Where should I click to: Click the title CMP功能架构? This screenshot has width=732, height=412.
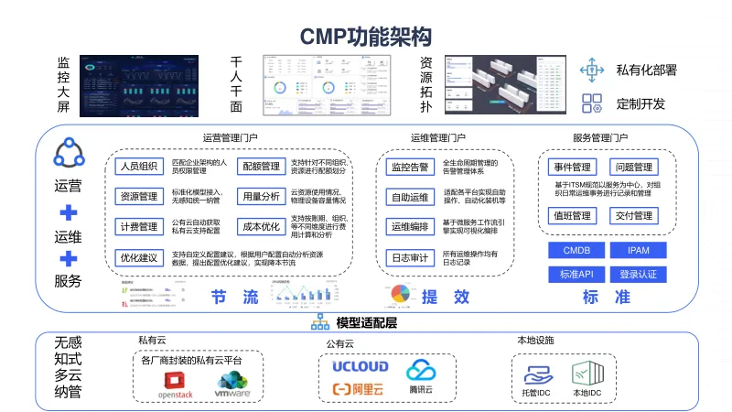(x=365, y=36)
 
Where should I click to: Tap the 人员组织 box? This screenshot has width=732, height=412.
(x=137, y=167)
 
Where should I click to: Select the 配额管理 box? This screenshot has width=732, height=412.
(x=259, y=167)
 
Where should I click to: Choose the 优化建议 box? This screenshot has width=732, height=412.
(x=137, y=257)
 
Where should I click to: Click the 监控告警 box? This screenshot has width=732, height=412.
(x=410, y=167)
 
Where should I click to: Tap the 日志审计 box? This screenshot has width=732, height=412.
(x=410, y=257)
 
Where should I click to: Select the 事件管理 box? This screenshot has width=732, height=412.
(x=573, y=168)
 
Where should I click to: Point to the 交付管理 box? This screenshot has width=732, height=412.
(x=633, y=216)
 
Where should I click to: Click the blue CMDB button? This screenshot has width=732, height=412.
(x=576, y=251)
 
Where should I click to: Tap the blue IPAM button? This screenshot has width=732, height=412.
(x=638, y=251)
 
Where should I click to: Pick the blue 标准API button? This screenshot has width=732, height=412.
(x=576, y=274)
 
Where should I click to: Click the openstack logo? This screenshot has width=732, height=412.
(x=176, y=385)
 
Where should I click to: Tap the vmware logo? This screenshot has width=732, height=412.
(x=232, y=385)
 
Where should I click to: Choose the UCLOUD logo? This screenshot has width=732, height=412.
(x=361, y=367)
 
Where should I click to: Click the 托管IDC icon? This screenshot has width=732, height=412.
(x=535, y=377)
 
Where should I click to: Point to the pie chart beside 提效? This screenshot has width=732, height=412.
(x=400, y=294)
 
